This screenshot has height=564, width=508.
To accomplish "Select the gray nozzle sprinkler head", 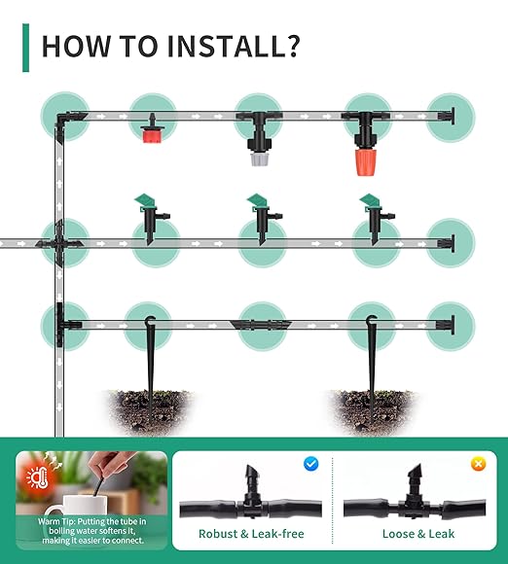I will [x=259, y=156].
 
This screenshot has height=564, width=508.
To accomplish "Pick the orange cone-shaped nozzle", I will [x=365, y=159].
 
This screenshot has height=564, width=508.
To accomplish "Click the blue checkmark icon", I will [x=311, y=464].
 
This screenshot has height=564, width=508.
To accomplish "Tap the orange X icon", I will [x=478, y=464].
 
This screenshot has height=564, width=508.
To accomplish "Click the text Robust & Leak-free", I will [x=251, y=534].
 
